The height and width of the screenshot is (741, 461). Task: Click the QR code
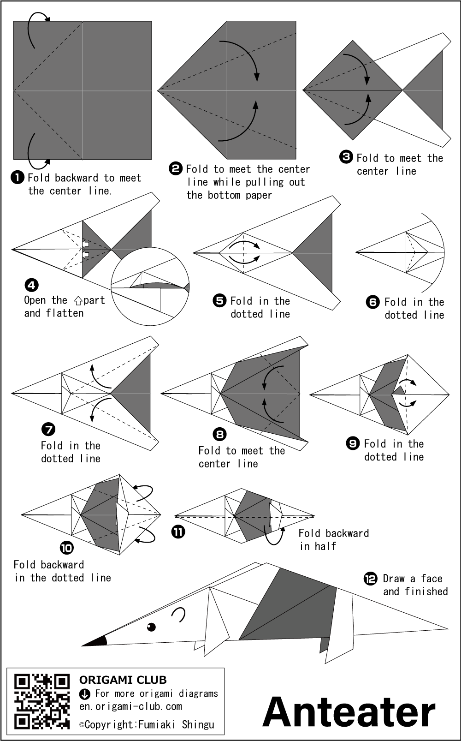tap(42, 701)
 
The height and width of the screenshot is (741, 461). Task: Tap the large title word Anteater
tap(349, 712)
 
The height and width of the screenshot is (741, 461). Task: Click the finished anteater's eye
tap(151, 627)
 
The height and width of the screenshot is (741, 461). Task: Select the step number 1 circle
tap(18, 177)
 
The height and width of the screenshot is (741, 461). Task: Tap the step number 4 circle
tap(31, 285)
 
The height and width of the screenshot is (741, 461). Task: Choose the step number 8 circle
tap(220, 434)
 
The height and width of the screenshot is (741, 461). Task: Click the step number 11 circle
tap(178, 532)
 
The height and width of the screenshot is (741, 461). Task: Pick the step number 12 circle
tap(371, 578)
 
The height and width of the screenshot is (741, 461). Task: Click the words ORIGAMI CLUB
tap(123, 680)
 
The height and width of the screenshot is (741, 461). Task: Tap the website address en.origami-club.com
tap(130, 706)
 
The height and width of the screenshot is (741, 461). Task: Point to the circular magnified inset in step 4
tap(150, 286)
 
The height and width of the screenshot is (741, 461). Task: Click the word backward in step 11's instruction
tap(345, 533)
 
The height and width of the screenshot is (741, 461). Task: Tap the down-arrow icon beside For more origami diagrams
tap(85, 693)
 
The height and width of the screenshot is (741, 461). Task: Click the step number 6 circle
tap(372, 302)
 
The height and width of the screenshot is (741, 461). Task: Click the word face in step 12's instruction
tap(431, 579)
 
